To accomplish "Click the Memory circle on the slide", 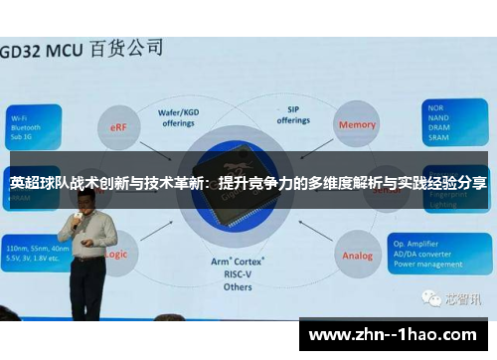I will pyautogui.click(x=358, y=125).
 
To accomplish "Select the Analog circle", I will pyautogui.click(x=358, y=255).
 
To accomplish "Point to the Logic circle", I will pyautogui.click(x=116, y=254).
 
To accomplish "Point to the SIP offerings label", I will pyautogui.click(x=294, y=115).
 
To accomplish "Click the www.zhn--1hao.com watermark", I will pyautogui.click(x=394, y=333).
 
